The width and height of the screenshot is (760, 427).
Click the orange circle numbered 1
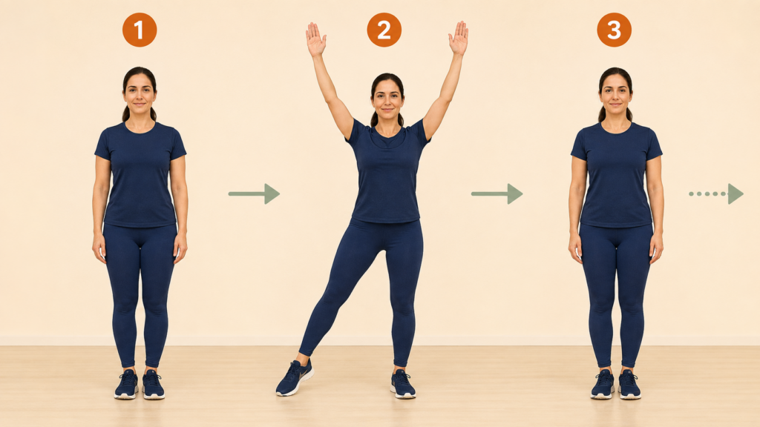[140, 30]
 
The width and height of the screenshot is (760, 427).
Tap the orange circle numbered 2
[384, 30]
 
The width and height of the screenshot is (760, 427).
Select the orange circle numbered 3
[614, 30]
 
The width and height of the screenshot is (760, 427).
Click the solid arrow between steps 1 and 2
[254, 193]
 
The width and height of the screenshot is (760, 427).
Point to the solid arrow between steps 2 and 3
[497, 193]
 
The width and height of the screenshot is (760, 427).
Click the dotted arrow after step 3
[716, 193]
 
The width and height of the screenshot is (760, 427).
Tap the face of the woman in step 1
[140, 94]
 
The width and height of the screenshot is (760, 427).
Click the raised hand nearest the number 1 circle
[315, 39]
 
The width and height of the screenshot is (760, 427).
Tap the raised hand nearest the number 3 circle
[459, 39]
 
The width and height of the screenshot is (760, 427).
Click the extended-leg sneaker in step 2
[295, 377]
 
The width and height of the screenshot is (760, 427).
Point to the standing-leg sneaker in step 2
[403, 384]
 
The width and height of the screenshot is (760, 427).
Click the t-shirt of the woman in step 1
[140, 174]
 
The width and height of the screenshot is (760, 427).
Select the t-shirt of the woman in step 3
[617, 174]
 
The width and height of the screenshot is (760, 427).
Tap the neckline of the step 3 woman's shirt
[616, 128]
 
